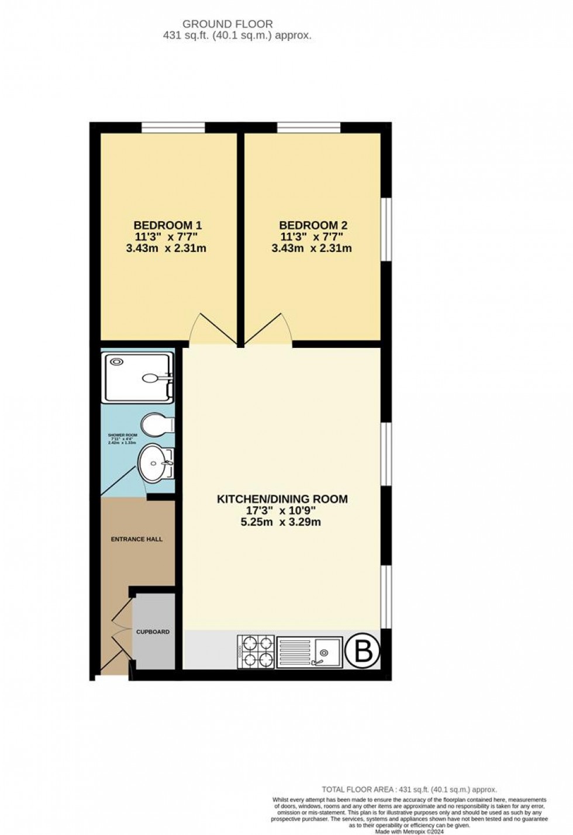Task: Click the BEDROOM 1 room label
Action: pyautogui.click(x=167, y=225)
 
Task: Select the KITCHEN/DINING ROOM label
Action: pyautogui.click(x=282, y=499)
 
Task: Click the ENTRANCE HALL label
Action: pyautogui.click(x=137, y=539)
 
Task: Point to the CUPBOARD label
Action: pyautogui.click(x=153, y=632)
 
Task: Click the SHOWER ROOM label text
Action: pyautogui.click(x=122, y=436)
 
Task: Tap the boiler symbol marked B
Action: pyautogui.click(x=364, y=651)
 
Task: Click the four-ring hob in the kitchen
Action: pyautogui.click(x=256, y=651)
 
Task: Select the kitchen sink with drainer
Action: pyautogui.click(x=309, y=651)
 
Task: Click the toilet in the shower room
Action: pyautogui.click(x=157, y=425)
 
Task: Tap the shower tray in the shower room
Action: pyautogui.click(x=137, y=377)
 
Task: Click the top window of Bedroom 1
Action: pyautogui.click(x=173, y=127)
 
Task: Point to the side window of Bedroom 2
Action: pyautogui.click(x=386, y=229)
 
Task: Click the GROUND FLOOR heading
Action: pyautogui.click(x=227, y=24)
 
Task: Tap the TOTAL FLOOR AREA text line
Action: pyautogui.click(x=409, y=789)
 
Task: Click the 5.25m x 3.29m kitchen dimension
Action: pyautogui.click(x=281, y=522)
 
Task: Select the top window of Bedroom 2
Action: pyautogui.click(x=309, y=127)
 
